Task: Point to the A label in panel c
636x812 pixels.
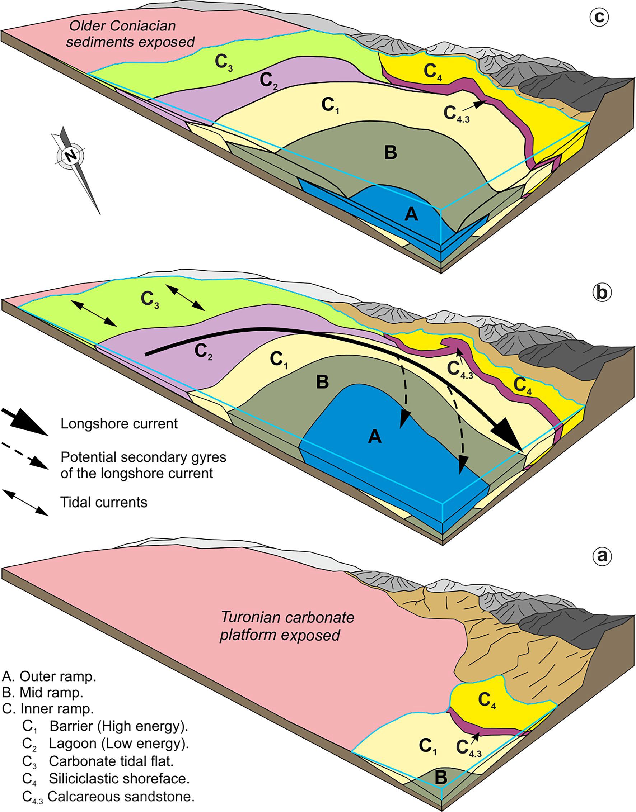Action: [411, 215]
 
